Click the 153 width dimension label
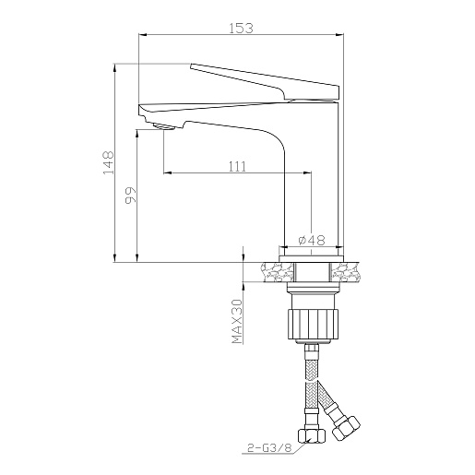coord(242,28)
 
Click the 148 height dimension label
coord(108,162)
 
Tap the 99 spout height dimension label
coord(130,195)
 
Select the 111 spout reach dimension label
coord(237,167)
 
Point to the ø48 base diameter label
coord(312,240)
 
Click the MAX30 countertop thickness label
coord(237,321)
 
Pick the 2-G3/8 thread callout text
coord(269,447)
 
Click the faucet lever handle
coord(265,81)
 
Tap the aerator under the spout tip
coord(163,126)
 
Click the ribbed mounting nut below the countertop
coord(314,324)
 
